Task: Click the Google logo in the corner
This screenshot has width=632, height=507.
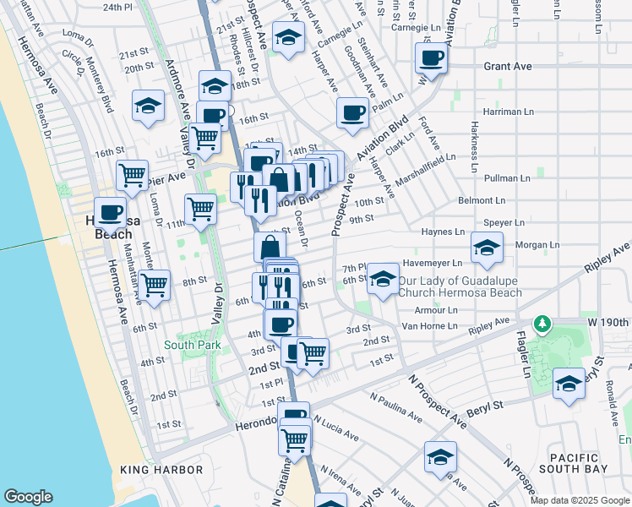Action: point(29,497)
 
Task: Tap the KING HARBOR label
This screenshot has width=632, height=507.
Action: point(161,470)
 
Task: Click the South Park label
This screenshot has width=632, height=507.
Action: point(193,345)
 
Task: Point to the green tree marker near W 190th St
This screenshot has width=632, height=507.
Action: point(542,324)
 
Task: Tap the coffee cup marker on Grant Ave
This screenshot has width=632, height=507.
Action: point(431,58)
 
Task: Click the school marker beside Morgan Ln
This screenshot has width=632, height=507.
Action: point(487,248)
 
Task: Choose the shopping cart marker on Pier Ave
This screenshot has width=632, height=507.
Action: point(132,176)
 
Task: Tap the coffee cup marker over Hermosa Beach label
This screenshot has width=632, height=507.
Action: point(109,212)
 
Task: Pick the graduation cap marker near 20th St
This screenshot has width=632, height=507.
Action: point(149,106)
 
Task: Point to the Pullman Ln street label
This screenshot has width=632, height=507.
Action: point(508,178)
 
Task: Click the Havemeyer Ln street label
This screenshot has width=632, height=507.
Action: point(433,262)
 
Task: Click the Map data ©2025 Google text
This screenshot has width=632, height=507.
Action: point(580,499)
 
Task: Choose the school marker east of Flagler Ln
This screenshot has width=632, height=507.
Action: point(569,383)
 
